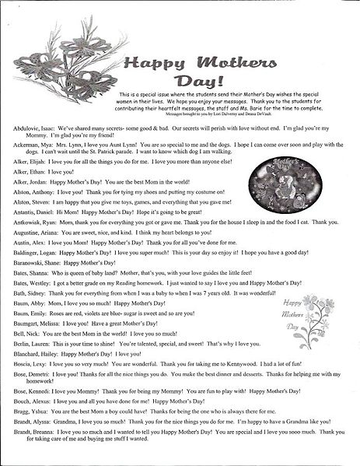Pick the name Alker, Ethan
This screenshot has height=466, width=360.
click(x=28, y=170)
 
